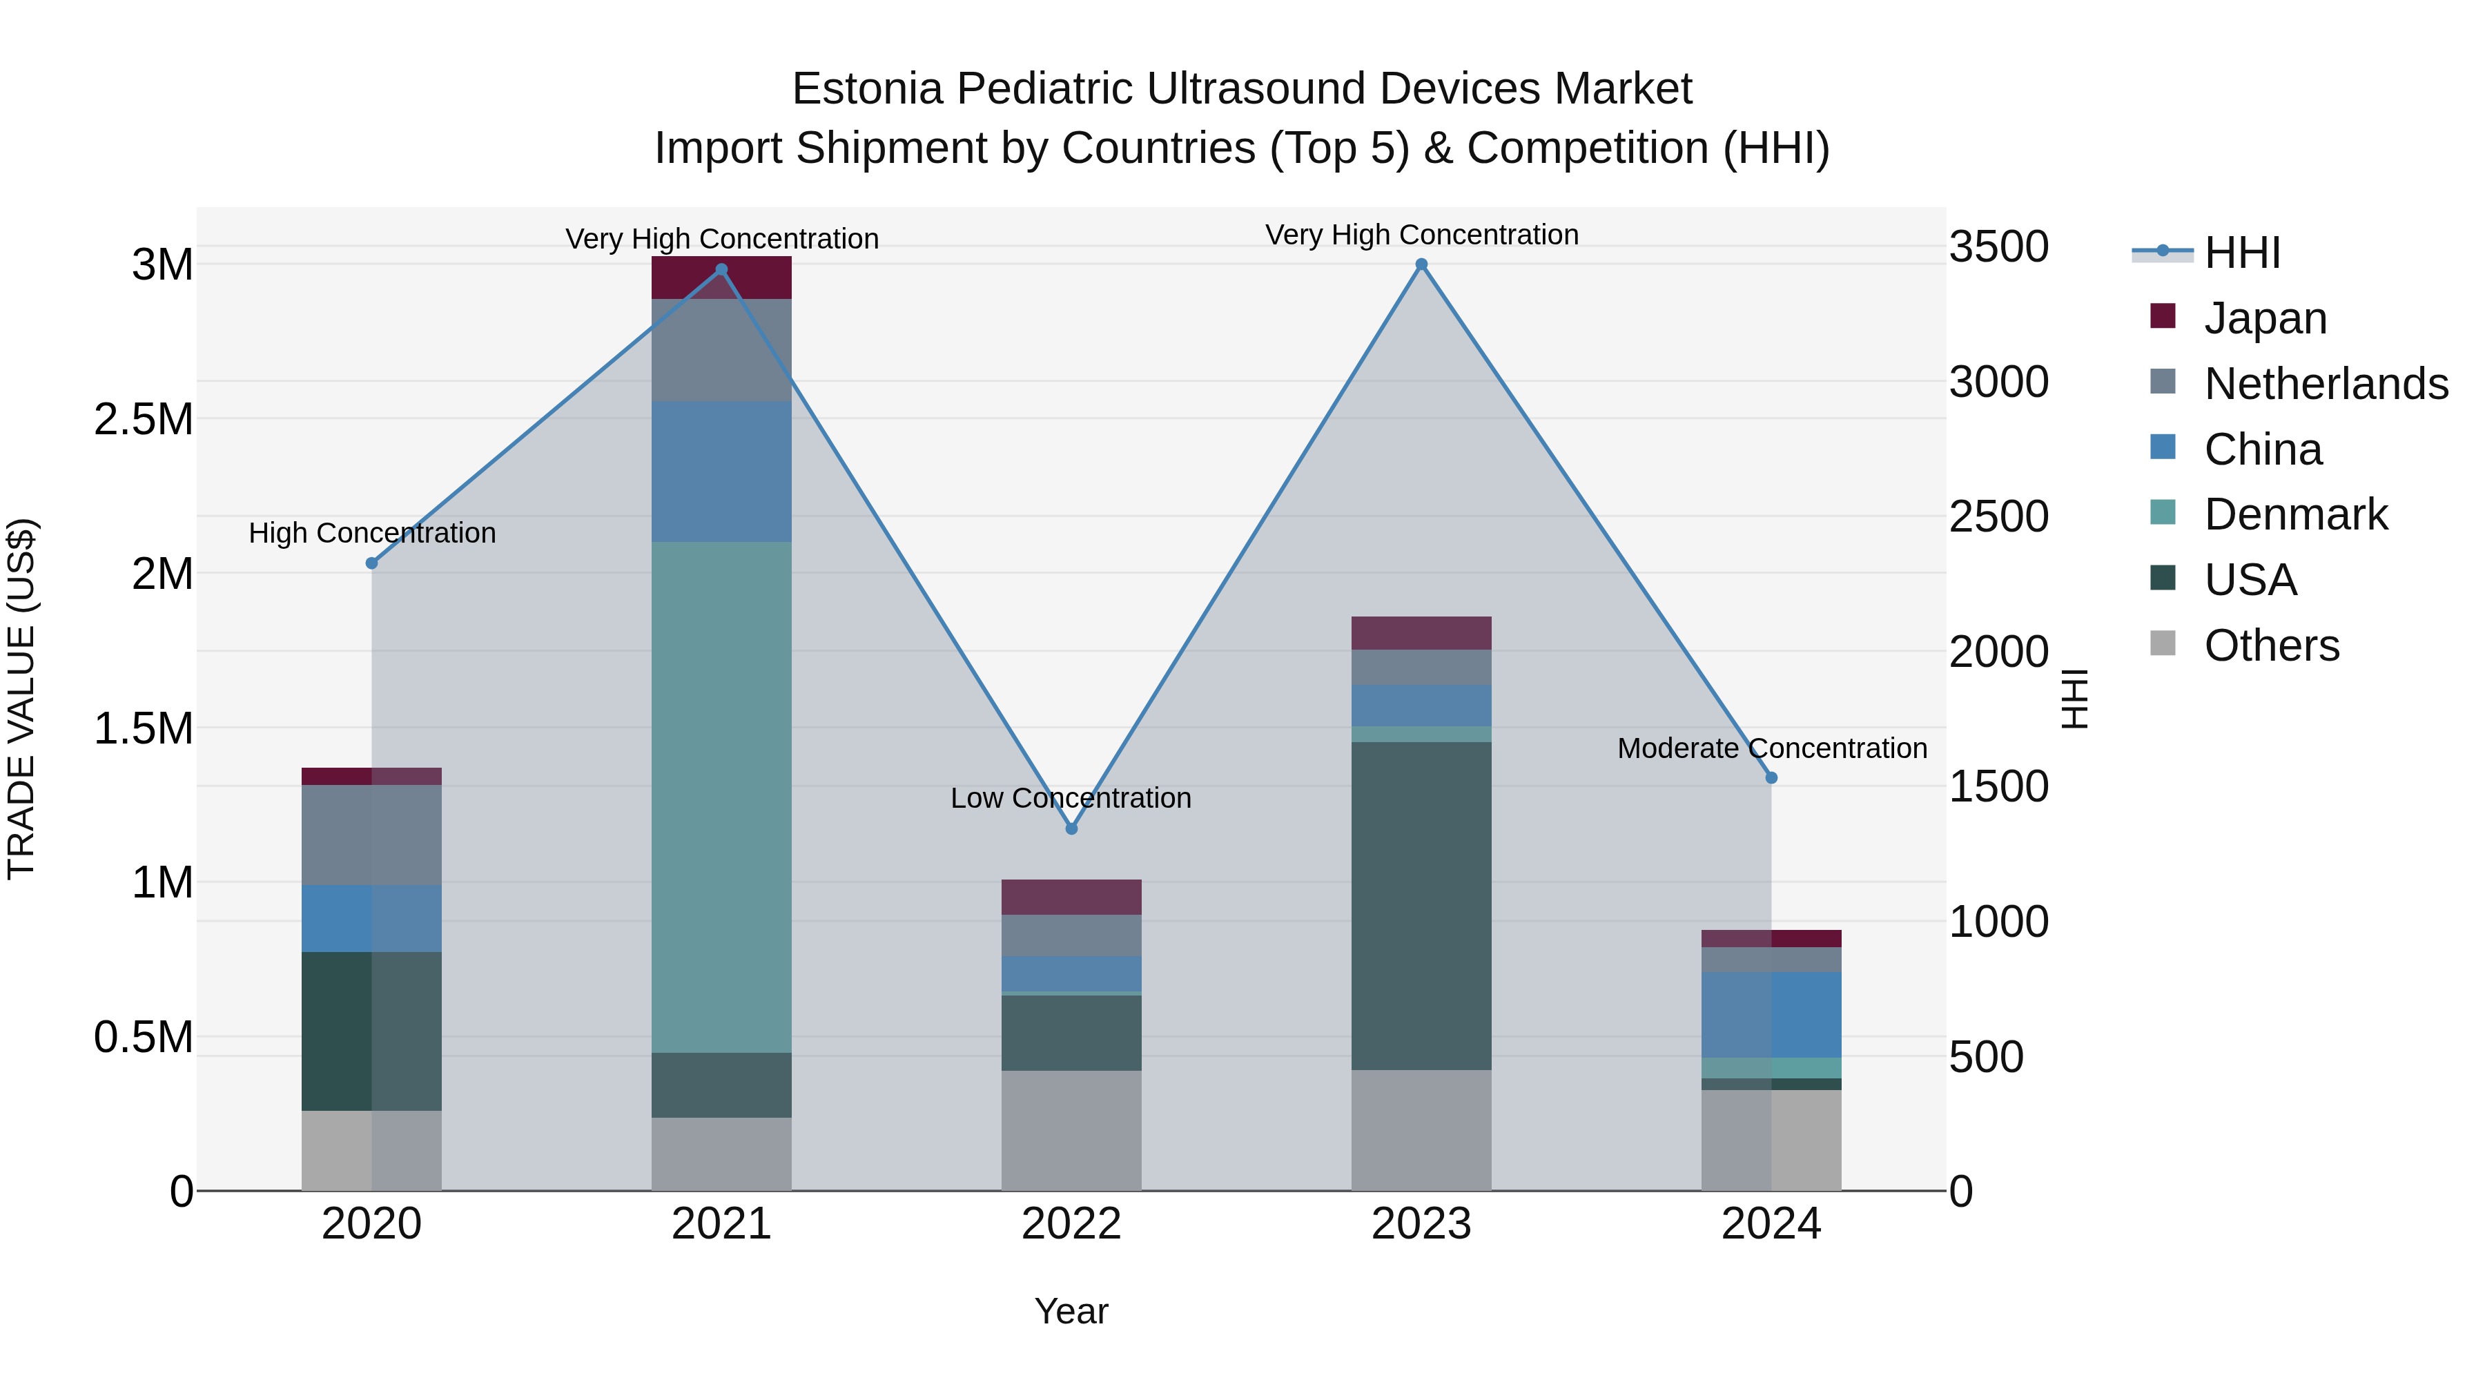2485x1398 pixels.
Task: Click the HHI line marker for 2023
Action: (x=1421, y=264)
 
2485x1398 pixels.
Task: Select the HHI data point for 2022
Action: (x=1071, y=828)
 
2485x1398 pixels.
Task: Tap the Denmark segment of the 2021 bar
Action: (x=721, y=796)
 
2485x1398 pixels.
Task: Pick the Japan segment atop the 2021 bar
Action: (x=721, y=278)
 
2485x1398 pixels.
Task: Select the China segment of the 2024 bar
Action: (x=1771, y=1014)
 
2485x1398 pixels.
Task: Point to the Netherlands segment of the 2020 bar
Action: (x=371, y=835)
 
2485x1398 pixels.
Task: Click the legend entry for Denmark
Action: (x=2295, y=514)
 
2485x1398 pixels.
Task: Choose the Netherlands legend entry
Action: (x=2325, y=383)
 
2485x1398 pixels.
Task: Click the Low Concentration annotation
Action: (x=1071, y=798)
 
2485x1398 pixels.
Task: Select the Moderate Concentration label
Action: (x=1771, y=748)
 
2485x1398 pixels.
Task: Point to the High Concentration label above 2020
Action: (x=372, y=532)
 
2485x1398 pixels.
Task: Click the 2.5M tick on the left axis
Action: (x=144, y=420)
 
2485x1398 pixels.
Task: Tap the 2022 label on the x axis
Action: (x=1071, y=1224)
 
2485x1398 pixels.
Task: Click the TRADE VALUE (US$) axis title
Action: (x=21, y=699)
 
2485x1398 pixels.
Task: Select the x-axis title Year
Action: (x=1071, y=1311)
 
